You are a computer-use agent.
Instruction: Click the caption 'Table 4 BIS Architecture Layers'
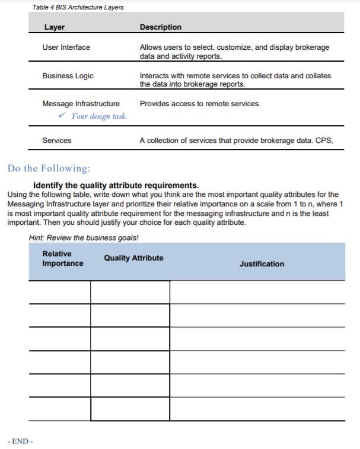click(x=78, y=7)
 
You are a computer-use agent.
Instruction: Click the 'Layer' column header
click(x=54, y=27)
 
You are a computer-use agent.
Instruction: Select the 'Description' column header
click(x=161, y=27)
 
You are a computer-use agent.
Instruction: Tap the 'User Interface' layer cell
click(x=66, y=47)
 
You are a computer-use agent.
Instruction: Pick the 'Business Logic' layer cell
click(x=68, y=76)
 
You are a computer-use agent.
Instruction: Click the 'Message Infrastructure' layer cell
click(x=81, y=104)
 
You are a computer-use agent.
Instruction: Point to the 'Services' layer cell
click(x=56, y=141)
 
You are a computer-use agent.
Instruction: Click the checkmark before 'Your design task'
click(x=62, y=116)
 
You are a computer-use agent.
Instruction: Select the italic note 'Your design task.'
click(x=99, y=116)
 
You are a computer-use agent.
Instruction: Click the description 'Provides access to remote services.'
click(x=200, y=104)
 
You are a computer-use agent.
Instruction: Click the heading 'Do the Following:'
click(x=49, y=168)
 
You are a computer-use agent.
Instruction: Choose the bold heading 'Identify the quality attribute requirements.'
click(x=116, y=185)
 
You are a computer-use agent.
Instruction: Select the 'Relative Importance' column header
click(x=62, y=259)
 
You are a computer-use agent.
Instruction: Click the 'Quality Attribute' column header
click(x=133, y=258)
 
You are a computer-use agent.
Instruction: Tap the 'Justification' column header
click(x=262, y=264)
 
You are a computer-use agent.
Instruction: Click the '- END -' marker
click(x=20, y=441)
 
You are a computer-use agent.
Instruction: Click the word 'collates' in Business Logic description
click(x=318, y=76)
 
